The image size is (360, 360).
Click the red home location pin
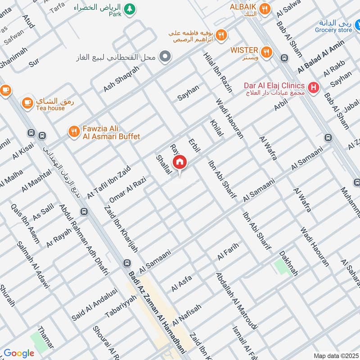[x=180, y=162]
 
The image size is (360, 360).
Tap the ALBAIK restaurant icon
[x=266, y=9]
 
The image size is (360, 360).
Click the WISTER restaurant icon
[x=267, y=52]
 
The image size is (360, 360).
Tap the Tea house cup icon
[x=28, y=102]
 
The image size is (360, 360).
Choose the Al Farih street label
[x=227, y=252]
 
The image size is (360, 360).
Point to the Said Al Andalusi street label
[x=94, y=304]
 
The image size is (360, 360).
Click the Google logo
[x=19, y=353]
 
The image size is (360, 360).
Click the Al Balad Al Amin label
[x=321, y=57]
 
